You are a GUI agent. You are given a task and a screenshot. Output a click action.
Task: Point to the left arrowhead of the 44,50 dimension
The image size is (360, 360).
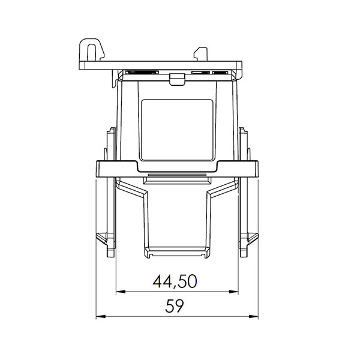118,292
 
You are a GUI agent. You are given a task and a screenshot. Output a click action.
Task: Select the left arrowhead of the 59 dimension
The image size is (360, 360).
99,316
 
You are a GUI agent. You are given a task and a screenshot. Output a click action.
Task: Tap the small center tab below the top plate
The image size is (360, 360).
176,77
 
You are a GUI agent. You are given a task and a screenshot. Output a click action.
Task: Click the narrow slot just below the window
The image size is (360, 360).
178,178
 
